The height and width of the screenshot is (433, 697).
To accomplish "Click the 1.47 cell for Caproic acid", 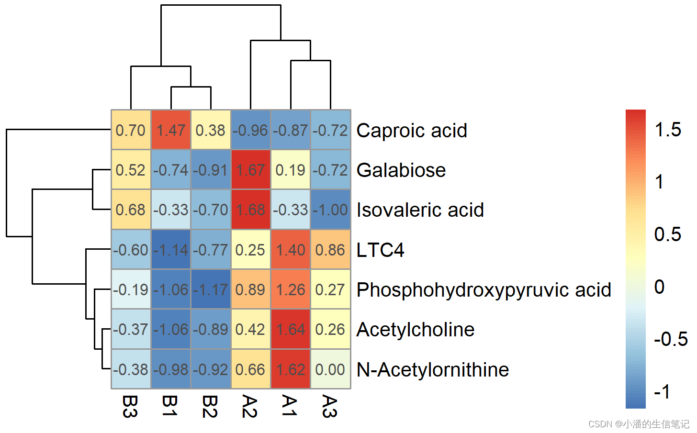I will [171, 130].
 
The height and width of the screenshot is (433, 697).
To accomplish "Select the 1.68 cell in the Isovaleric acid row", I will [250, 210].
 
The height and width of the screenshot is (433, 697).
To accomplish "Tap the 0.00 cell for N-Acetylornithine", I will [330, 369].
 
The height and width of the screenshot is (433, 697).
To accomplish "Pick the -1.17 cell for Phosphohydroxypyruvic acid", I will [211, 289].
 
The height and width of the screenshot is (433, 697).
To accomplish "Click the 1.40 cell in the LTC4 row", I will [291, 250].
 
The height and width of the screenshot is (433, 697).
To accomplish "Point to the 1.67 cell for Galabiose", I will [250, 170].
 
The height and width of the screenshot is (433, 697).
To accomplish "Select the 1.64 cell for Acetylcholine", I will [291, 329].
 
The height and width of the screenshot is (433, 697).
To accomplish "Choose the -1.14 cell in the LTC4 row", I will [171, 250].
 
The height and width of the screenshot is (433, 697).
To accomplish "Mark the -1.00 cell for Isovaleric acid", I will [330, 210].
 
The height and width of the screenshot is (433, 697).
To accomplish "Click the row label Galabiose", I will [401, 170].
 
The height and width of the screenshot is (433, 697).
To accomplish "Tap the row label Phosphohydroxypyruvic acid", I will [483, 290].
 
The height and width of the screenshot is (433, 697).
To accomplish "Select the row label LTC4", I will [380, 250].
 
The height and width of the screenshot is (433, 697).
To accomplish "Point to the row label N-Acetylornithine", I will [433, 370].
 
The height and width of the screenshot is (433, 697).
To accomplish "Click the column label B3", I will [130, 406].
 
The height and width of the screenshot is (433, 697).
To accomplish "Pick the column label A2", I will [250, 406].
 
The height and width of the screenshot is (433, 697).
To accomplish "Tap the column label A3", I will [330, 406].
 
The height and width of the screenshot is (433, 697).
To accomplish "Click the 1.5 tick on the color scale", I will [668, 130].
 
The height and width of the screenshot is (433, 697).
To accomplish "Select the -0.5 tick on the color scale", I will [671, 339].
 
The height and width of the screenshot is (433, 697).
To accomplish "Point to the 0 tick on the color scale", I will [660, 287].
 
